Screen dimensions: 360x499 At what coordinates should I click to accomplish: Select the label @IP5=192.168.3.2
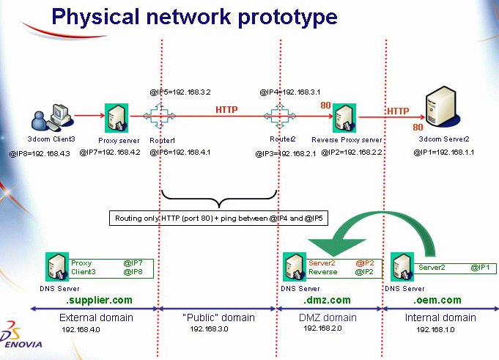tap(180, 92)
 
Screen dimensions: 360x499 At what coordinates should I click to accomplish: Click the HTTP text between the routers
tap(226, 109)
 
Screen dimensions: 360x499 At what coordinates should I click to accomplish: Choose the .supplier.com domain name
tap(100, 300)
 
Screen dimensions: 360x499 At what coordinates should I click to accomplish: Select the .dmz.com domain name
tap(327, 300)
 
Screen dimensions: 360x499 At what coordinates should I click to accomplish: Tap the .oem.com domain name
tap(438, 300)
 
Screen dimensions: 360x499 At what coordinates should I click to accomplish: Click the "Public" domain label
tap(218, 317)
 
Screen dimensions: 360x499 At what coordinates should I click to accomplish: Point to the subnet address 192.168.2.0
tap(323, 328)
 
